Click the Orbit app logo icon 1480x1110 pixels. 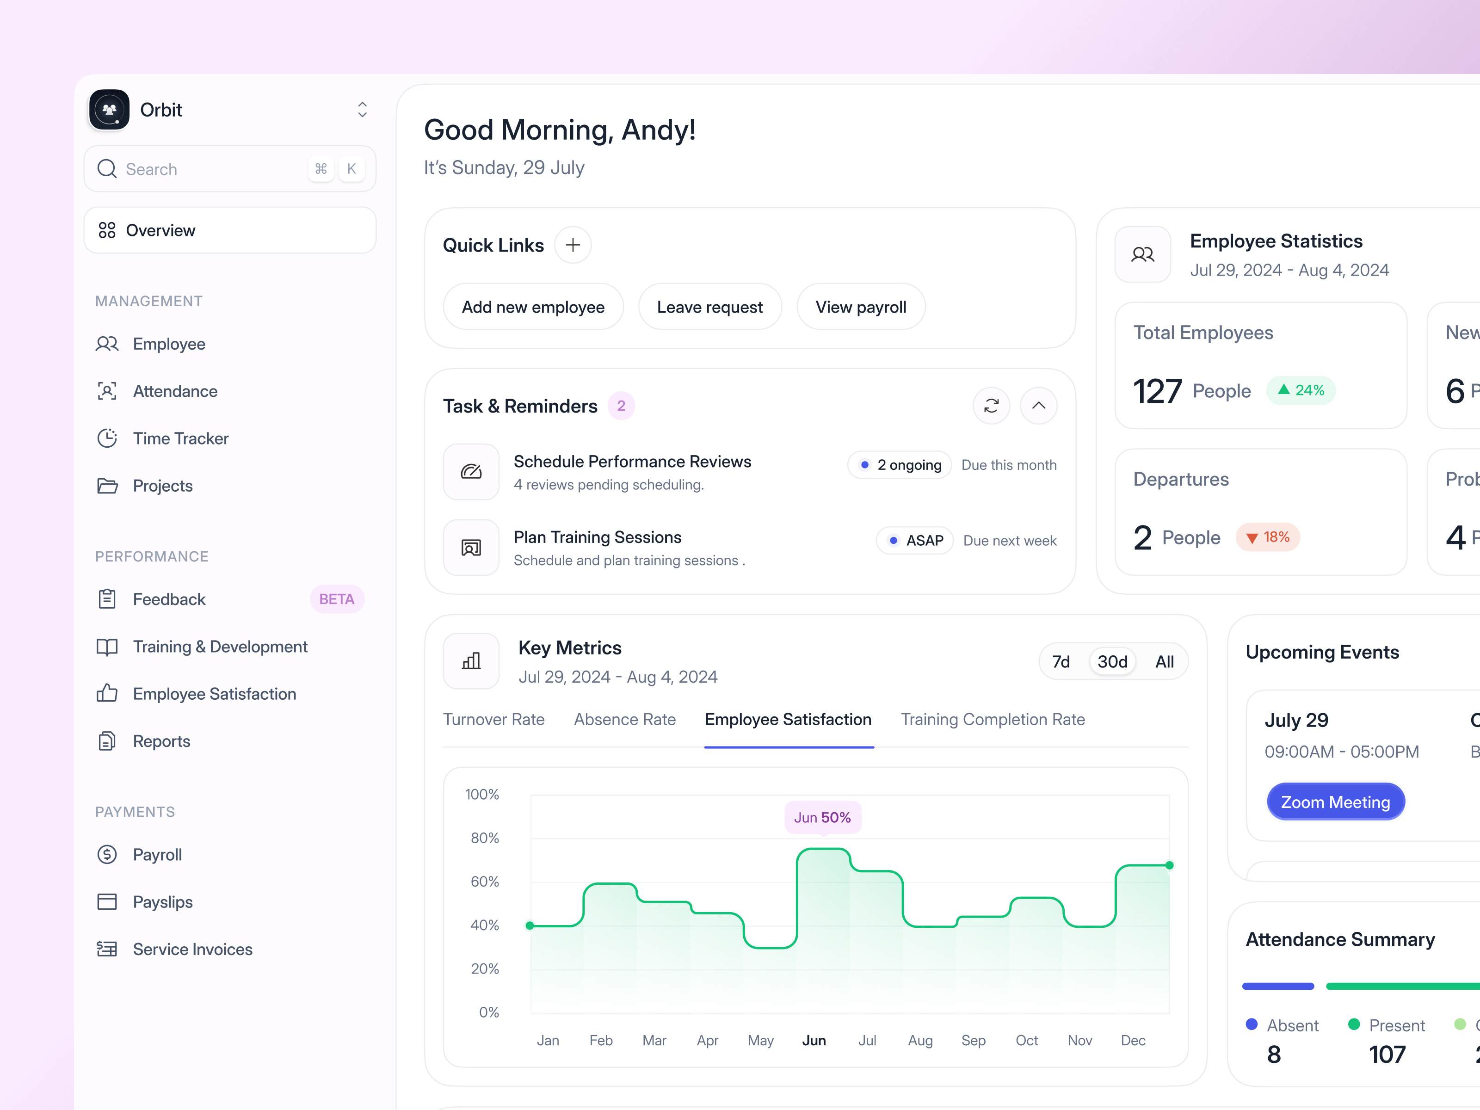click(109, 109)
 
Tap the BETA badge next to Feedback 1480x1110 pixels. click(337, 599)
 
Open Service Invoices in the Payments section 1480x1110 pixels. click(192, 949)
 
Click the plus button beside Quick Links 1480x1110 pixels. click(573, 245)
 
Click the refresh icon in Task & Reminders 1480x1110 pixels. click(991, 406)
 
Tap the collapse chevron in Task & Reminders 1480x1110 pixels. click(1038, 406)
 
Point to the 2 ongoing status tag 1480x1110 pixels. click(900, 465)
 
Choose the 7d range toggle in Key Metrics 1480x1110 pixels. click(1061, 662)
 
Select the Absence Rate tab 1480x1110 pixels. click(624, 719)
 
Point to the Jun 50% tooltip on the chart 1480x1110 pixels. click(822, 817)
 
